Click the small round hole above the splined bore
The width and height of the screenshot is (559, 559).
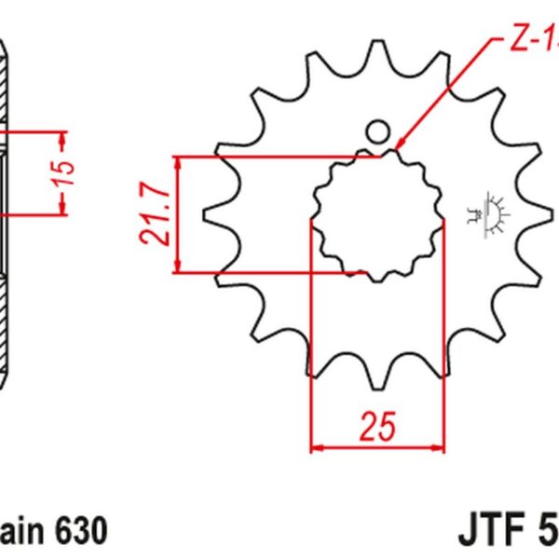[377, 131]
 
